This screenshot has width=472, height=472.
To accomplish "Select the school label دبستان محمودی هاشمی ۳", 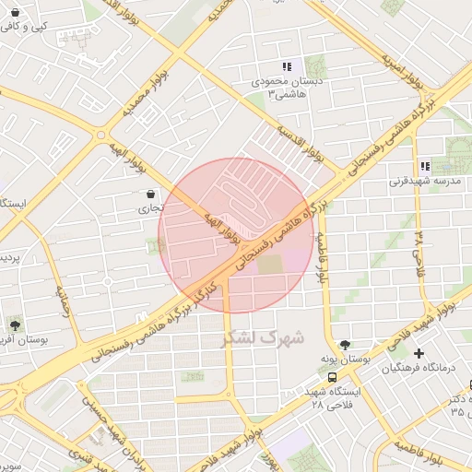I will pos(283,88).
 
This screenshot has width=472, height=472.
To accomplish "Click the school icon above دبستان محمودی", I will pos(287,66).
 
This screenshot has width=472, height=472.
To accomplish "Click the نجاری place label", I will pos(149,209).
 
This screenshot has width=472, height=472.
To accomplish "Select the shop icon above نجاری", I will pos(150,194).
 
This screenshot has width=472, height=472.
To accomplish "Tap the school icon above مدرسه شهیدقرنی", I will pos(425,166).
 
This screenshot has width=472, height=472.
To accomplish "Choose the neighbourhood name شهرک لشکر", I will pos(263,337).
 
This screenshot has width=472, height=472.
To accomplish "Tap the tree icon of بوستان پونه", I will pos(345,345).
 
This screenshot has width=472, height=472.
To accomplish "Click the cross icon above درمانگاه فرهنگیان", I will pos(419,353).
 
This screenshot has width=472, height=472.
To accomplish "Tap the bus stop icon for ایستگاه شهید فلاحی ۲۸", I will pos(332,377).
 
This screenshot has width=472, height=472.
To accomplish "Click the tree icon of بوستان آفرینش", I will pos(16,324).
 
